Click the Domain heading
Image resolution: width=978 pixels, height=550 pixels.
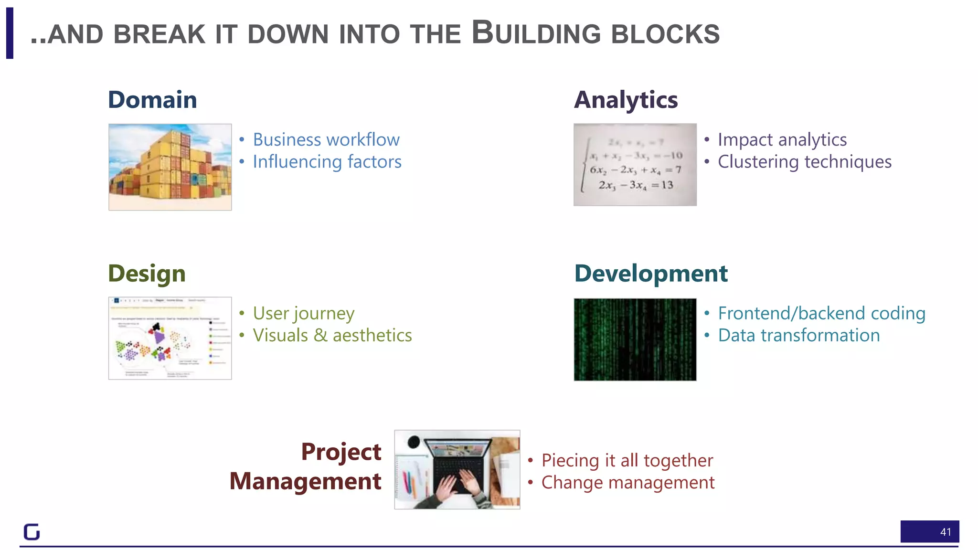152,100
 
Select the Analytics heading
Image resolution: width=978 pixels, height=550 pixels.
626,100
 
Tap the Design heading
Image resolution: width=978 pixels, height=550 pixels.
147,274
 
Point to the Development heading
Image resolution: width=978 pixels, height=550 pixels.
651,274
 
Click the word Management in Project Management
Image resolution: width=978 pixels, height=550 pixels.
305,481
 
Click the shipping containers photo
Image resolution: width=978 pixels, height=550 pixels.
170,167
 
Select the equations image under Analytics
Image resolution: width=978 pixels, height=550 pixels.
635,165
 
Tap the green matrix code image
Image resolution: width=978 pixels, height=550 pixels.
635,339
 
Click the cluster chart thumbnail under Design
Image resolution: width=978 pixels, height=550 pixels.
170,338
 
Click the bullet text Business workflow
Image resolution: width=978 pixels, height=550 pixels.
326,140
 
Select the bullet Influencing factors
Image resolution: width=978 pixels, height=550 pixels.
327,162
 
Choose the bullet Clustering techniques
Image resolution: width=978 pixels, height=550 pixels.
805,162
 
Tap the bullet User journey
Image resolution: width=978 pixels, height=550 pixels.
304,314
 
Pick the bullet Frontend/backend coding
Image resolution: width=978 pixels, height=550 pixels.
821,314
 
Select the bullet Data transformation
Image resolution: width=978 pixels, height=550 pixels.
799,336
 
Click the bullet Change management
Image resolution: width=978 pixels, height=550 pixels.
628,483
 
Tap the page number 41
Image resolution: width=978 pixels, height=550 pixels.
945,532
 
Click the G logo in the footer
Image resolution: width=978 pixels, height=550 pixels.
32,532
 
